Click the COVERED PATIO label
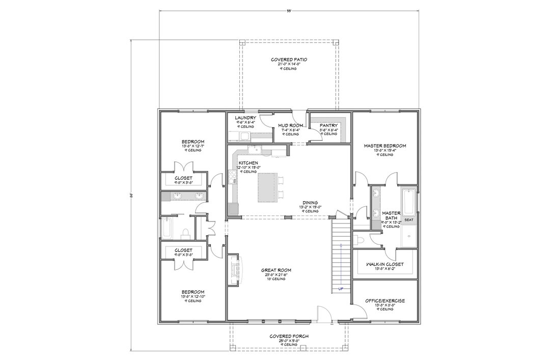pyautogui.click(x=288, y=60)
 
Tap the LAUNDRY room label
pyautogui.click(x=238, y=118)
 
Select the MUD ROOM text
pyautogui.click(x=290, y=125)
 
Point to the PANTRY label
pyautogui.click(x=328, y=125)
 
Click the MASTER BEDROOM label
pyautogui.click(x=385, y=146)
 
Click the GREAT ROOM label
pyautogui.click(x=276, y=270)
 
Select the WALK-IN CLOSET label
pyautogui.click(x=385, y=264)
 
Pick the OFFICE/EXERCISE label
pyautogui.click(x=385, y=301)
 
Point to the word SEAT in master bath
pyautogui.click(x=408, y=220)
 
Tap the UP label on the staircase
pyautogui.click(x=340, y=289)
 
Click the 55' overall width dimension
pyautogui.click(x=288, y=10)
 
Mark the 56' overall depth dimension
pyautogui.click(x=131, y=195)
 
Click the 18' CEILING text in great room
pyautogui.click(x=276, y=280)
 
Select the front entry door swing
pyautogui.click(x=323, y=313)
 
